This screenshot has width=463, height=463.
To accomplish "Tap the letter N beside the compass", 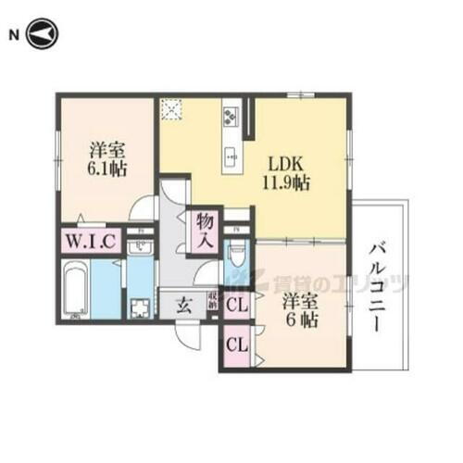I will point(14,35).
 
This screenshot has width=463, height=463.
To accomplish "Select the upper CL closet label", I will point(235,305).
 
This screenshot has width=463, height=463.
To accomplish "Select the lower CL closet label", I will point(235,344).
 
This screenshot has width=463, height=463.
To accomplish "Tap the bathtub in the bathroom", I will point(75,288).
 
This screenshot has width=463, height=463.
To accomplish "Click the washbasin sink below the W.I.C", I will point(140,247).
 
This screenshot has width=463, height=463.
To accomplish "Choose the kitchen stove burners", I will point(230,119).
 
